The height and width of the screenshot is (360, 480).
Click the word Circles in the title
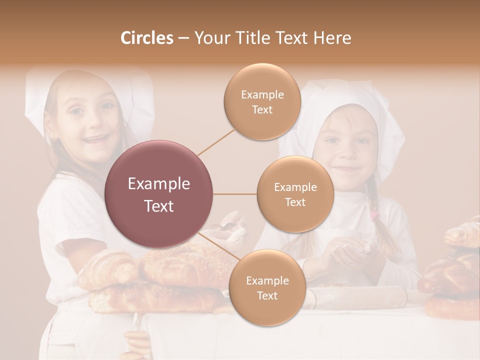146,38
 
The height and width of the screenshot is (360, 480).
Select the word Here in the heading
332,38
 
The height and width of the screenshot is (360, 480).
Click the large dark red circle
159,194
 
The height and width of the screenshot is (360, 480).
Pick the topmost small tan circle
262,101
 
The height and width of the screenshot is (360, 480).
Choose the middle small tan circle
295,194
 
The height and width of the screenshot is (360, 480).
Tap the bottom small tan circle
267,287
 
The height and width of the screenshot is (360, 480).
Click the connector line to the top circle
216,141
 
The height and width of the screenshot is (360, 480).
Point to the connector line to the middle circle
235,194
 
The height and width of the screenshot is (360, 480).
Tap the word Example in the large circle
159,184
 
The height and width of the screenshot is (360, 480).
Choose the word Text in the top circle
262,109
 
